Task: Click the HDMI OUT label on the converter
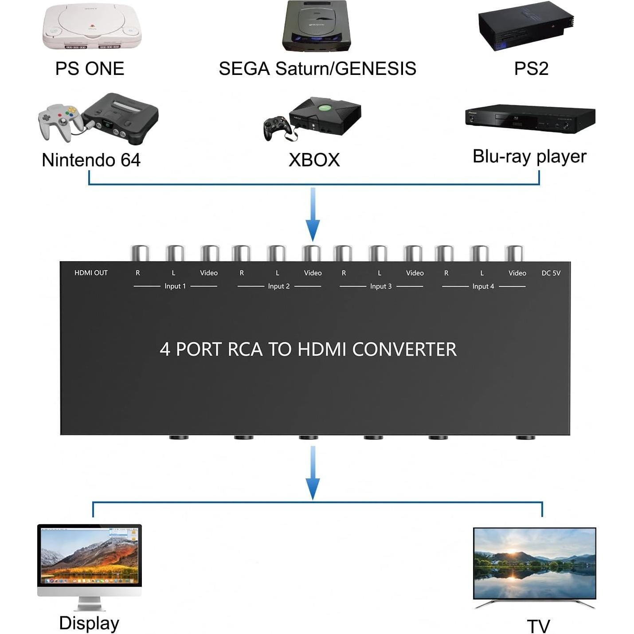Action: click(91, 273)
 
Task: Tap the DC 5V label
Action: click(551, 273)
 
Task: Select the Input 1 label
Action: click(175, 286)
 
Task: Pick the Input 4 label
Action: click(483, 286)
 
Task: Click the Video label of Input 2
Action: click(313, 273)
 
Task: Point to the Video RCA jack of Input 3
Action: click(413, 254)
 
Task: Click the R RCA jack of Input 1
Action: click(140, 254)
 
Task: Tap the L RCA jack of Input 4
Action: click(479, 254)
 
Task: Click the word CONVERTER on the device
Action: click(404, 349)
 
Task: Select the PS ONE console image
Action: click(92, 27)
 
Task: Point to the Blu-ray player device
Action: click(530, 117)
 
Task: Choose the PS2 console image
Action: click(526, 25)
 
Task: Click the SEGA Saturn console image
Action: click(317, 26)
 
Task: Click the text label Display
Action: click(89, 623)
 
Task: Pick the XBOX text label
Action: click(314, 160)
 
